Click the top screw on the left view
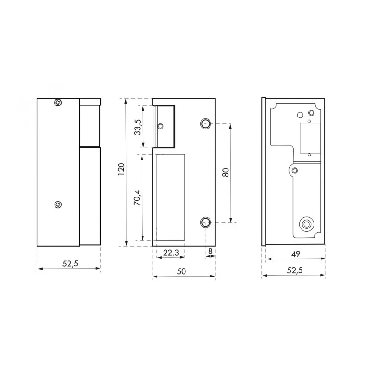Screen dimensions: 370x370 point(57,103)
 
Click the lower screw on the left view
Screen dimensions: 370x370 point(57,204)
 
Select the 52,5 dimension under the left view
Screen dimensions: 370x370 point(69,264)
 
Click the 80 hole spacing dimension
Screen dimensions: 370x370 point(226,173)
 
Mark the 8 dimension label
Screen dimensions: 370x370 point(210,252)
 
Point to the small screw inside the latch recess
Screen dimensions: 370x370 point(160,126)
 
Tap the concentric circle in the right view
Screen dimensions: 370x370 point(306,225)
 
